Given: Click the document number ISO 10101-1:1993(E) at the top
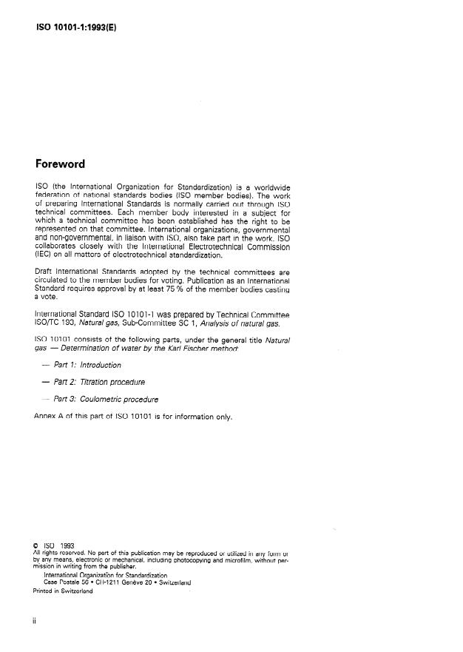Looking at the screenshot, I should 76,27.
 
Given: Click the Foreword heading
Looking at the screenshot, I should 60,164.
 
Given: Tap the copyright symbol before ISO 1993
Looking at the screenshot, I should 37,546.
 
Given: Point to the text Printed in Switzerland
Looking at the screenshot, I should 63,591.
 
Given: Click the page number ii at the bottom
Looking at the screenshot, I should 35,622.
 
